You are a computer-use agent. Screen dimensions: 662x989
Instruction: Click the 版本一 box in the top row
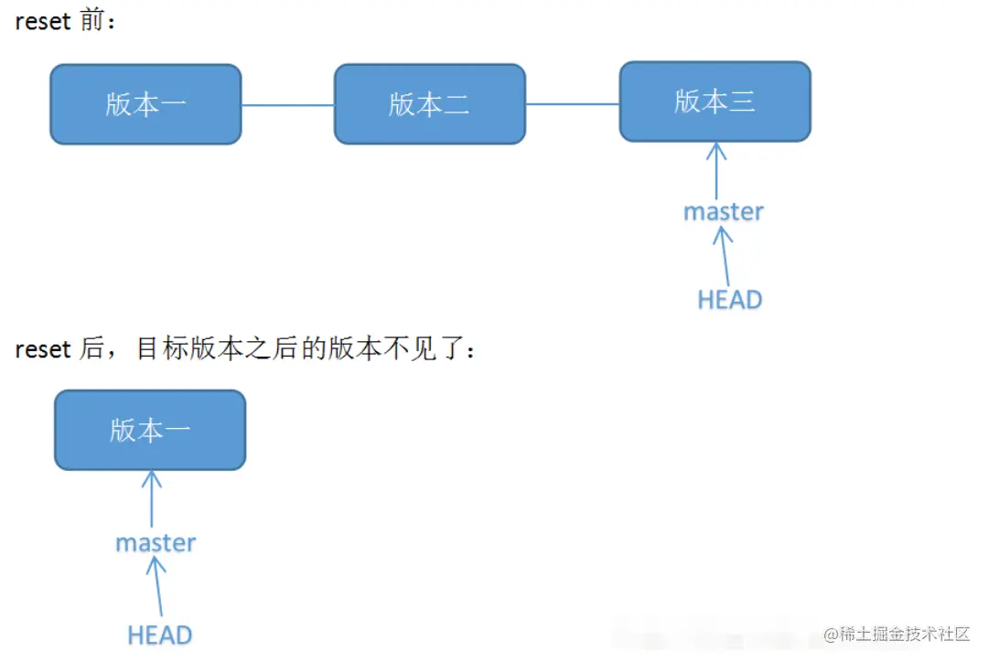[145, 104]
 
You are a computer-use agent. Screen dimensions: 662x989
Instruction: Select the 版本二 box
[429, 104]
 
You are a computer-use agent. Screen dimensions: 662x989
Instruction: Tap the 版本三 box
[715, 101]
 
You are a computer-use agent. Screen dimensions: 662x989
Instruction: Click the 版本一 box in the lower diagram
[150, 430]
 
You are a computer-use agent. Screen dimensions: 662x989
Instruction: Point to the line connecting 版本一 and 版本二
[287, 105]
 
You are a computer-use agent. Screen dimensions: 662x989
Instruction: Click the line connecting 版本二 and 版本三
[572, 104]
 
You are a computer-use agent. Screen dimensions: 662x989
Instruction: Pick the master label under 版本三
[723, 211]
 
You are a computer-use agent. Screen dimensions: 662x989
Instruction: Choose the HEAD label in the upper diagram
[729, 299]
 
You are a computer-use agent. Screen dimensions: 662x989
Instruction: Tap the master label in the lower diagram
[156, 542]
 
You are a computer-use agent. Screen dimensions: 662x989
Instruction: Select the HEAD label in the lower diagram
[160, 635]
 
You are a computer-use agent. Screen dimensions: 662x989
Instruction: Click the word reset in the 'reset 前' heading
[43, 22]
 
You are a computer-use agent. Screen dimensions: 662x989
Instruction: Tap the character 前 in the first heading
[91, 22]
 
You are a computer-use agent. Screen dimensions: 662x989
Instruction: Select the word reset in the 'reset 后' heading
[43, 349]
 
